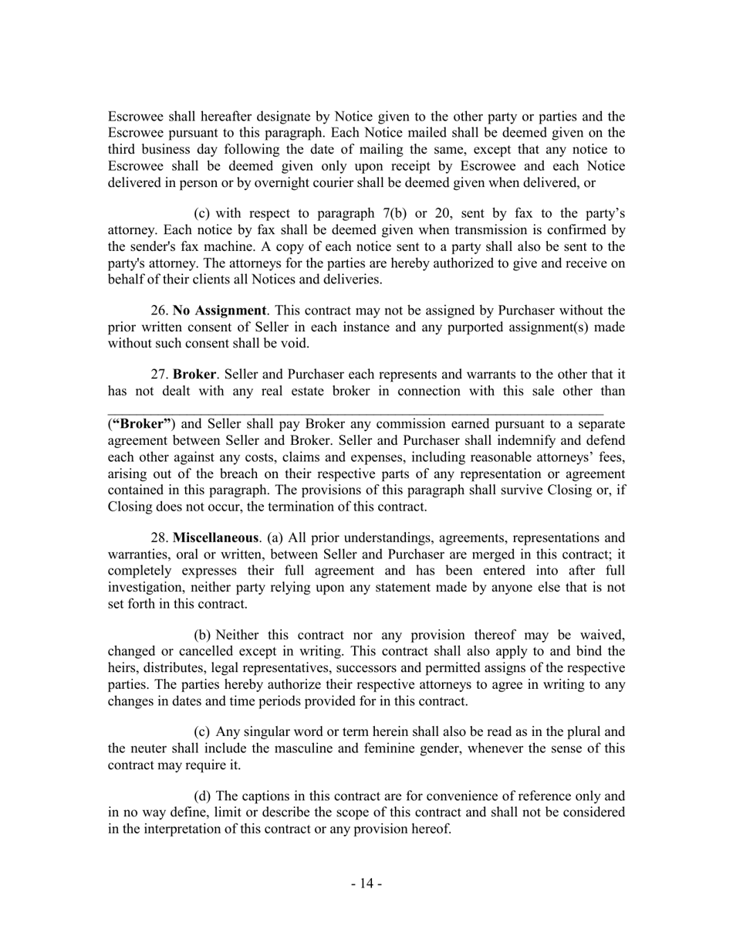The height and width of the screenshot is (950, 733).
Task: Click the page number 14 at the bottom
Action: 366,883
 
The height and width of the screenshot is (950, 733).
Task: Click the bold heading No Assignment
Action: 219,310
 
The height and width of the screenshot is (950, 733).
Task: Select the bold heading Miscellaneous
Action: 215,537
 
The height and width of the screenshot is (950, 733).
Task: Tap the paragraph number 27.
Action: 160,374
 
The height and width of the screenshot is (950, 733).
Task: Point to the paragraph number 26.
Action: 160,310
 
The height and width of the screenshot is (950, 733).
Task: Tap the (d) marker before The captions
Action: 202,796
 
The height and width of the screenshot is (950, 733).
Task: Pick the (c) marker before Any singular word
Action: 202,731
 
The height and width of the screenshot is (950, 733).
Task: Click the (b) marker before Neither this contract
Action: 202,635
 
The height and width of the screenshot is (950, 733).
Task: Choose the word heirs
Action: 123,668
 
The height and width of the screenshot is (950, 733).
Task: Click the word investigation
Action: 144,588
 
